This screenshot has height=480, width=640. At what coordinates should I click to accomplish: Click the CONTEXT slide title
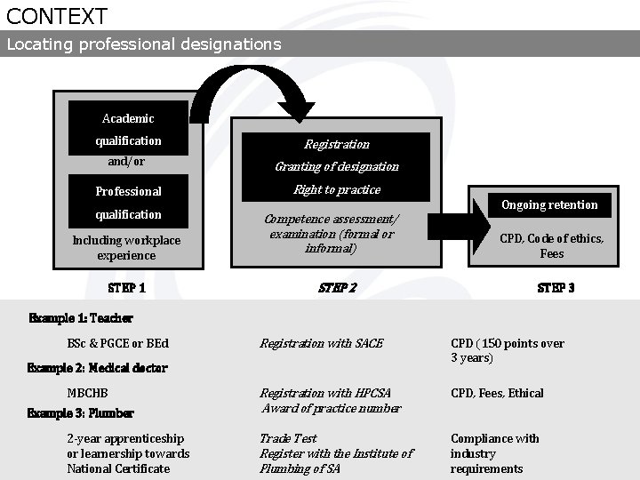pyautogui.click(x=57, y=16)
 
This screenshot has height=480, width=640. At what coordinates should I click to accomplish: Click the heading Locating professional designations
pyautogui.click(x=144, y=44)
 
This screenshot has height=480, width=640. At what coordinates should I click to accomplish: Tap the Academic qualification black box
pyautogui.click(x=128, y=130)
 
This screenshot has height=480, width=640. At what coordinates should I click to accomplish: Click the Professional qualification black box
pyautogui.click(x=128, y=203)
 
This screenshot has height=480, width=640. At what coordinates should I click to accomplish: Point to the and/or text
pyautogui.click(x=126, y=163)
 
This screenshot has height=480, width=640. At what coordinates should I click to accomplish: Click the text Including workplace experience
pyautogui.click(x=126, y=248)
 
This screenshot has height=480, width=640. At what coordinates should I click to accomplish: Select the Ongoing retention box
pyautogui.click(x=549, y=205)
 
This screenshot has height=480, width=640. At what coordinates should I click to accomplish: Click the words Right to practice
pyautogui.click(x=336, y=190)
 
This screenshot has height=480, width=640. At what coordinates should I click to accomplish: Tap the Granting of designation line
pyautogui.click(x=336, y=166)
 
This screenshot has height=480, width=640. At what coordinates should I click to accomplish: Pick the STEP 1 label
pyautogui.click(x=126, y=288)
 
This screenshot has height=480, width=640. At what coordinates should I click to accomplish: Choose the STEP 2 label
pyautogui.click(x=337, y=288)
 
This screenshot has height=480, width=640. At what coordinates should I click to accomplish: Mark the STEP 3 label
pyautogui.click(x=556, y=288)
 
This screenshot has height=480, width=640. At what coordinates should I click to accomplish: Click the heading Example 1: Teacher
pyautogui.click(x=81, y=318)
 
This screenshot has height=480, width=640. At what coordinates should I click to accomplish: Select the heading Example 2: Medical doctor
pyautogui.click(x=98, y=368)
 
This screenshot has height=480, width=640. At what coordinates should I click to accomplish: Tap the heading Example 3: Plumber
pyautogui.click(x=81, y=413)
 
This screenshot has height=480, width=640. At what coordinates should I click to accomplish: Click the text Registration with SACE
pyautogui.click(x=321, y=343)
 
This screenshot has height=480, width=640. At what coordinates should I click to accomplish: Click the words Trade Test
pyautogui.click(x=288, y=438)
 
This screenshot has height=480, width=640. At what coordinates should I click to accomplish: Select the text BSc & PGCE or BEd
pyautogui.click(x=117, y=343)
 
